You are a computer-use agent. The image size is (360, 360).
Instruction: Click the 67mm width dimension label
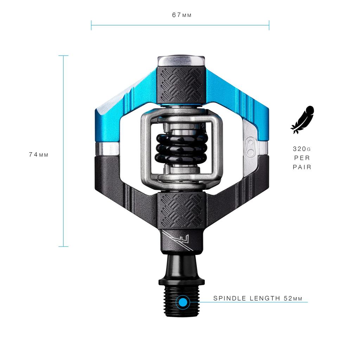(182, 15)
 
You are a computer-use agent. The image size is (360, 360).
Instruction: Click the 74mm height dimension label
(39, 155)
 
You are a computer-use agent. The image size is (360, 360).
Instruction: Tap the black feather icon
(302, 120)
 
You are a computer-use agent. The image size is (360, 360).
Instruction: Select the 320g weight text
(302, 149)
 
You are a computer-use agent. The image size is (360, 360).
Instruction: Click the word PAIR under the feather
(302, 167)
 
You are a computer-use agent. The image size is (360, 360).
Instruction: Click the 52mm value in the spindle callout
(293, 298)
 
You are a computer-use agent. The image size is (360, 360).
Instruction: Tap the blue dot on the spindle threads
(182, 302)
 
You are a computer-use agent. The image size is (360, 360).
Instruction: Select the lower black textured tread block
(181, 210)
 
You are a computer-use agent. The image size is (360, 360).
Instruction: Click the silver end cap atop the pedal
(181, 60)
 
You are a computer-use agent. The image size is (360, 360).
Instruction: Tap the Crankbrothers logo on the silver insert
(252, 147)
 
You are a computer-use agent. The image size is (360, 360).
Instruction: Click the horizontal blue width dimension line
(180, 25)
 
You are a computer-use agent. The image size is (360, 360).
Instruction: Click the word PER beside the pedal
(302, 158)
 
